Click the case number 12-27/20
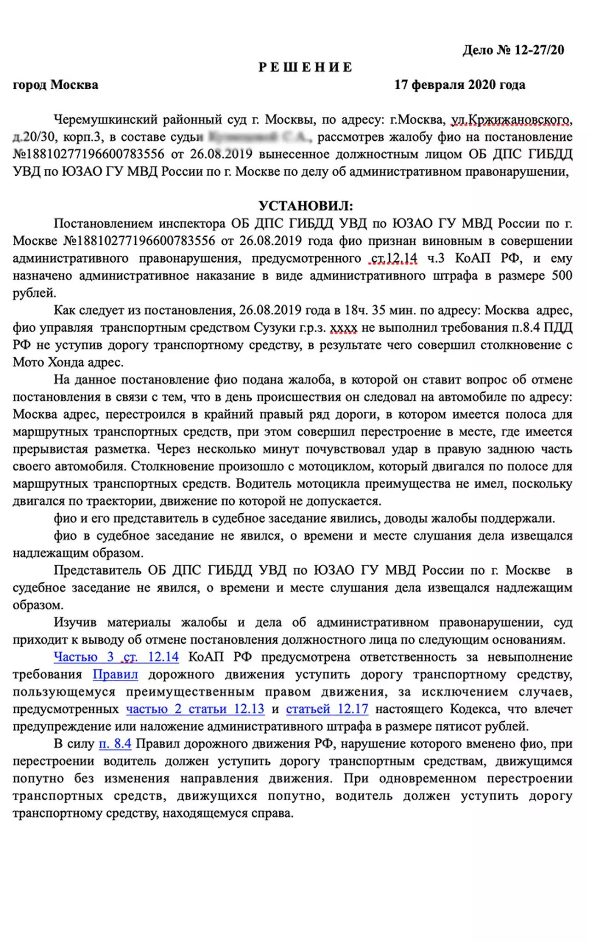coord(539,50)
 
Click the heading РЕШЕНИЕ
coord(306,67)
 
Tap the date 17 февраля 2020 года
coord(460,85)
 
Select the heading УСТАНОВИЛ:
coord(306,205)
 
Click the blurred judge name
coord(260,137)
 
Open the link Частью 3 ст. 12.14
coord(116,656)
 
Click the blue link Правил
coord(115,674)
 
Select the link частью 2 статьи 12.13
coord(195,708)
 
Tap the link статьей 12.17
coord(327,708)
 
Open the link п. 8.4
coord(115,743)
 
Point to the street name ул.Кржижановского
coord(511,120)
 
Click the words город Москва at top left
coord(55,85)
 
